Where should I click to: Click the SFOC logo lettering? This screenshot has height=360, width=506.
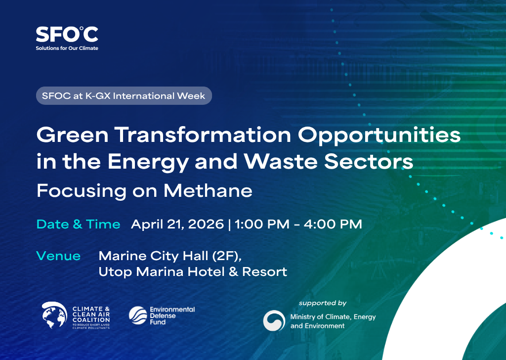point(67,34)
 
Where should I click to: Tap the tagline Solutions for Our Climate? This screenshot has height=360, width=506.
point(67,48)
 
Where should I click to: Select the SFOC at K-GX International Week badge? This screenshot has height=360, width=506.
point(124,95)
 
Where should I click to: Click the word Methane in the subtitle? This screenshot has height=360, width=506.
point(208,190)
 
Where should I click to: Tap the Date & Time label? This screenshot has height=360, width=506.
point(79,224)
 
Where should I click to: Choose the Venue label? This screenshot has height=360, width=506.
point(58,256)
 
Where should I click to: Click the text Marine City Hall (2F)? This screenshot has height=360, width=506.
point(170,256)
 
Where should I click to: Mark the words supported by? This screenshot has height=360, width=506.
point(323,303)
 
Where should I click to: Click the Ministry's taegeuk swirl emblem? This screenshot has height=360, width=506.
point(274,321)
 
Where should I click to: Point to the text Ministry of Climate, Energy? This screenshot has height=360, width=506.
point(333,316)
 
